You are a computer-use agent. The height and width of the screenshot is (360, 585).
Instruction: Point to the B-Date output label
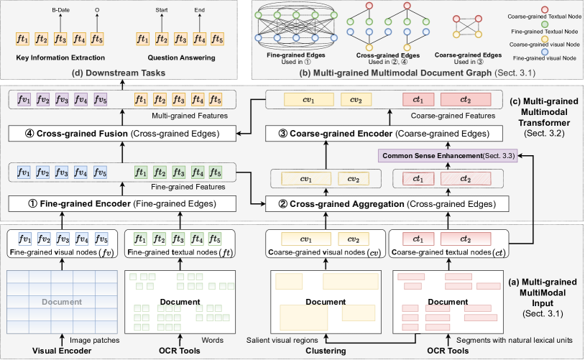coord(61,11)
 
